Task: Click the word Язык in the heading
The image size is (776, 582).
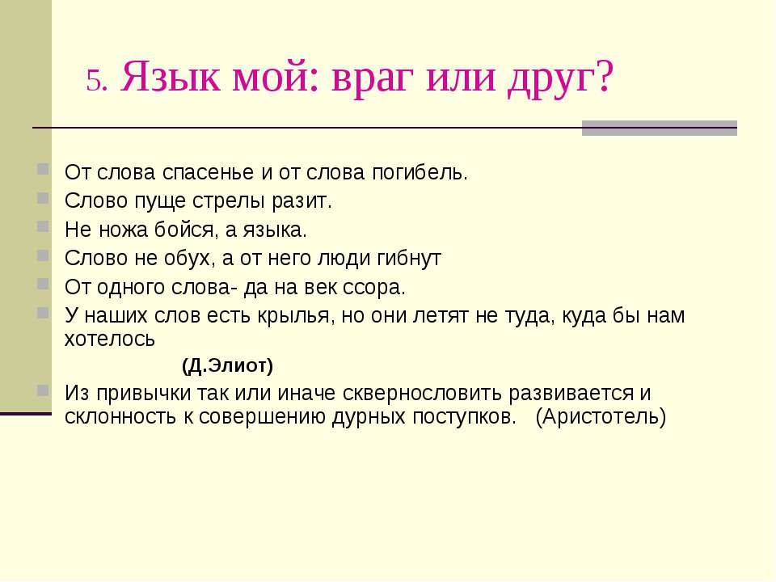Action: (171, 76)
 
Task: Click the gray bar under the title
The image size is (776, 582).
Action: (660, 128)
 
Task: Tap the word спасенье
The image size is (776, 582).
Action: (209, 173)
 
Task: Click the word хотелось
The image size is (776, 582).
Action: (110, 339)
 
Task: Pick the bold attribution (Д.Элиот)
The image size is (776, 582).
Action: (228, 366)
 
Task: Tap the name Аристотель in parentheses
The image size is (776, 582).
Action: (601, 417)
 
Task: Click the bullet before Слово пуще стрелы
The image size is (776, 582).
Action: (43, 198)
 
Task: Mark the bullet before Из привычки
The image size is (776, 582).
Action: (43, 390)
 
